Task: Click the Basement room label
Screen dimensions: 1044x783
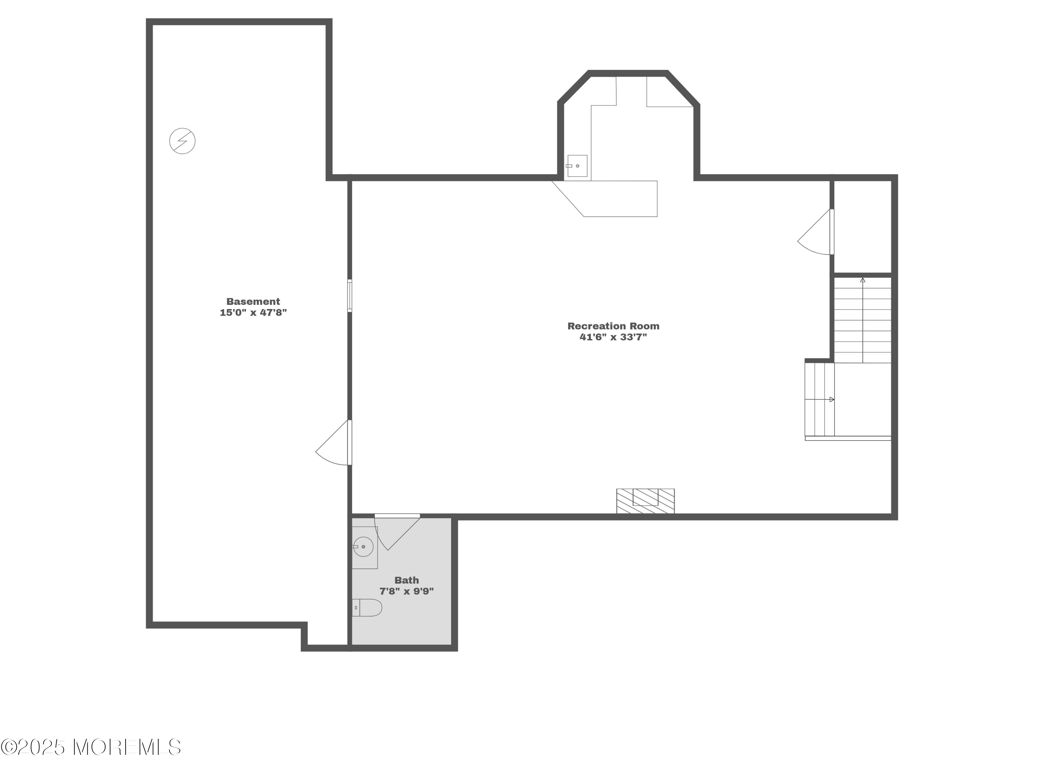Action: pyautogui.click(x=253, y=301)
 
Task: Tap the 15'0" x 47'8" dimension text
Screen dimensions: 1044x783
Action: pyautogui.click(x=253, y=313)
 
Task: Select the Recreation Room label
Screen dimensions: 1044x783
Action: pyautogui.click(x=613, y=326)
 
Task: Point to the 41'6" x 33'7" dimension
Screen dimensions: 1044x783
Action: pyautogui.click(x=613, y=337)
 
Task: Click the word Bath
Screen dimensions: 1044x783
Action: pyautogui.click(x=406, y=580)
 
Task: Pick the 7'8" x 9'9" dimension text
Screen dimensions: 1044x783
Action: pyautogui.click(x=406, y=591)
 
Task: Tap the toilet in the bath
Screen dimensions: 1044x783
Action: pyautogui.click(x=367, y=607)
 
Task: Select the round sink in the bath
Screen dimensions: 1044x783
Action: pyautogui.click(x=363, y=547)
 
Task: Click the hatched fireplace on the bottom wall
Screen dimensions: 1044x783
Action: pyautogui.click(x=645, y=501)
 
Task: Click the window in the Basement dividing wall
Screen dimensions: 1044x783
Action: pyautogui.click(x=350, y=295)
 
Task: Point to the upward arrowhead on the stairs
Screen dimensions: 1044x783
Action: pyautogui.click(x=863, y=280)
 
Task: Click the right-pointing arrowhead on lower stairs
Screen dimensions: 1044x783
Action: pyautogui.click(x=832, y=399)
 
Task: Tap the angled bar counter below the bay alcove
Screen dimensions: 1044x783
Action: pyautogui.click(x=604, y=199)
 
